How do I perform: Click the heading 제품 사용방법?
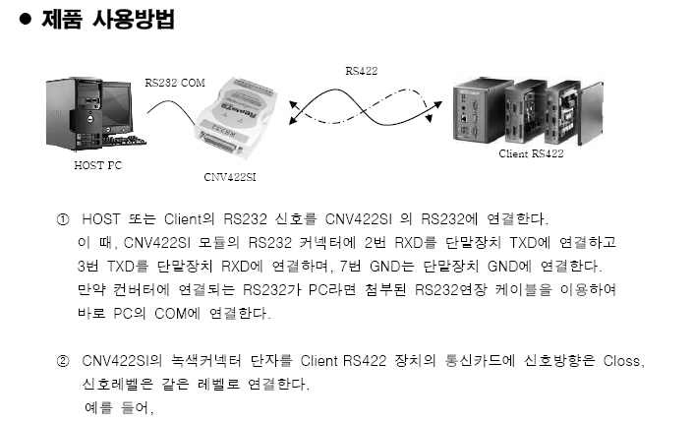click(107, 19)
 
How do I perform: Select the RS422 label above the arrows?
click(361, 71)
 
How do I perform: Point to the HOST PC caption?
click(98, 165)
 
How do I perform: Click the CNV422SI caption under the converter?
click(228, 178)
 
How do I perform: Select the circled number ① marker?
click(62, 218)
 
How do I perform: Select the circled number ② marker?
click(62, 361)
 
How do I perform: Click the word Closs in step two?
click(622, 361)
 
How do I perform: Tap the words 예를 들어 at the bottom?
click(119, 406)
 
